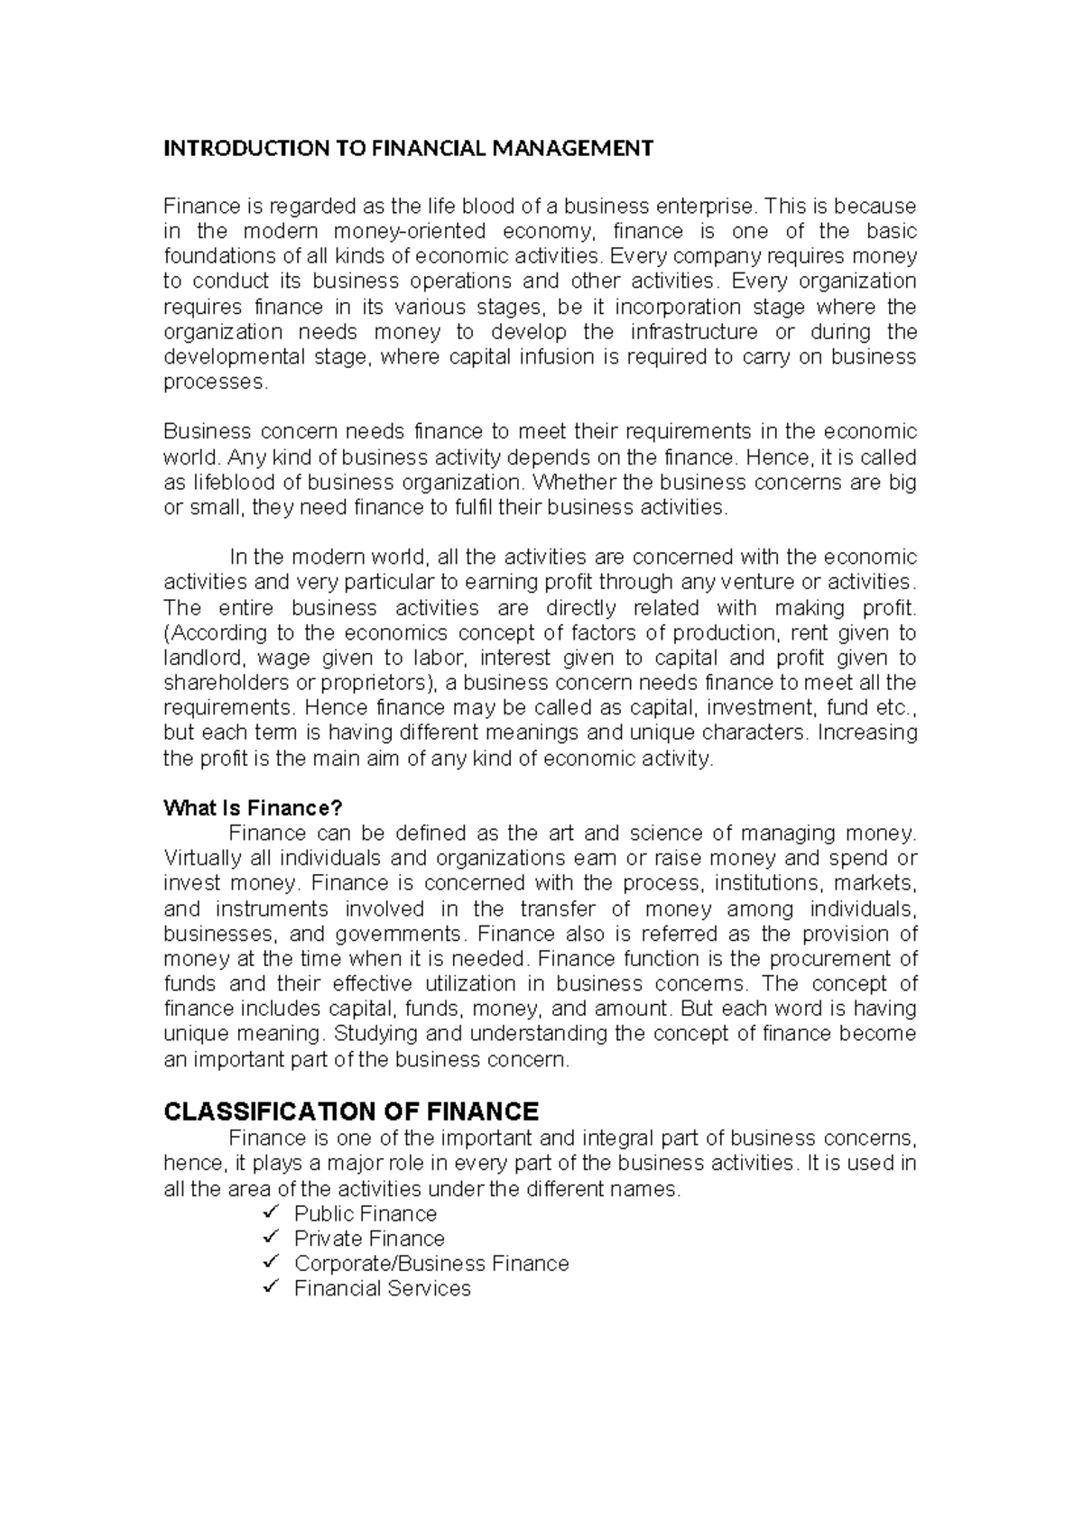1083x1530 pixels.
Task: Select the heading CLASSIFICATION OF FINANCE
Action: tap(351, 1111)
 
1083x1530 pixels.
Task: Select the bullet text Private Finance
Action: tap(369, 1239)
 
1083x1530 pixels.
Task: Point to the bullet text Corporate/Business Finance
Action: tap(431, 1264)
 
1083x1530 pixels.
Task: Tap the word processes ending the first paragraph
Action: tap(215, 382)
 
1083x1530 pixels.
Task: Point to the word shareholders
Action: tap(227, 683)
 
